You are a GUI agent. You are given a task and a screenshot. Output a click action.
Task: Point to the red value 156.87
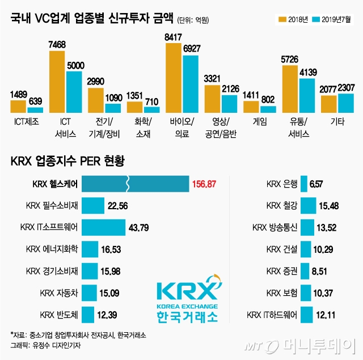[x=209, y=184]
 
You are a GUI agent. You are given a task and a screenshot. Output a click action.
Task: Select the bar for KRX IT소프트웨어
[x=103, y=227]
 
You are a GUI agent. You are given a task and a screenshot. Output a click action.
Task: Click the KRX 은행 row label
[x=281, y=184]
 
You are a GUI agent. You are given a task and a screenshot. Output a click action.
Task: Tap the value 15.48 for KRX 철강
[x=332, y=206]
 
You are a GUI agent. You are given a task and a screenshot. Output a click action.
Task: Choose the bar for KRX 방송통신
[x=307, y=227]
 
